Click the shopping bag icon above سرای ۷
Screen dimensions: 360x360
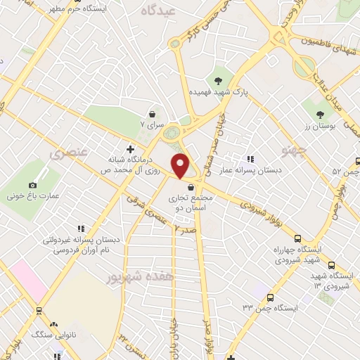click(152, 113)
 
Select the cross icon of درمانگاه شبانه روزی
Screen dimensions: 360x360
click(129, 149)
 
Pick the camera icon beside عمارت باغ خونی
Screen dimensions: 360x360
click(32, 185)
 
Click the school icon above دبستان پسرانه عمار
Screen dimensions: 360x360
click(251, 160)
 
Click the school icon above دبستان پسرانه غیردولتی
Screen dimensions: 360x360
click(81, 229)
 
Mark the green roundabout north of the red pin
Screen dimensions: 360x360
click(171, 132)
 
